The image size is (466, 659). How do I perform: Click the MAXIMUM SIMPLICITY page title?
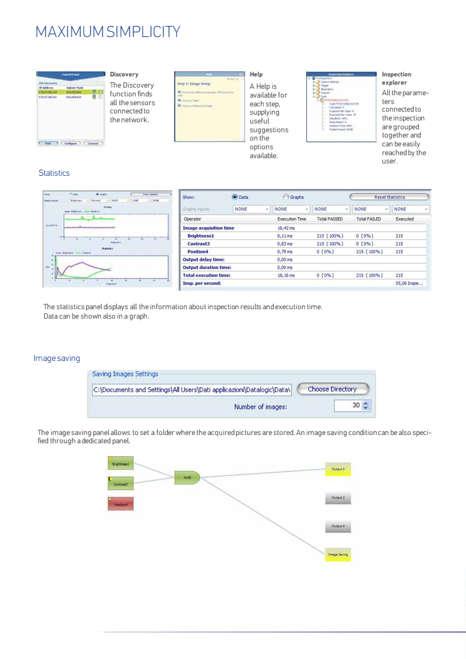(108, 31)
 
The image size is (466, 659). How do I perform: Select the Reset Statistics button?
(389, 197)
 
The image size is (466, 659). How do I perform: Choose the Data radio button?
(235, 198)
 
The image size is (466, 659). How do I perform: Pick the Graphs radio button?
(286, 198)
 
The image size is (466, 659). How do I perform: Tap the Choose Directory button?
(332, 389)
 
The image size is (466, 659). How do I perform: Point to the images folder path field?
(192, 390)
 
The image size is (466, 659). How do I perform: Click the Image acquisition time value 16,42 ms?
(286, 228)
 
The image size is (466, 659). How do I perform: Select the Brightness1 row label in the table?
(200, 236)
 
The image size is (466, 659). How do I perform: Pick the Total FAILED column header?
(368, 219)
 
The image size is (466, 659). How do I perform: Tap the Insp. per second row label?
(202, 283)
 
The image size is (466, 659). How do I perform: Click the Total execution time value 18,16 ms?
(286, 275)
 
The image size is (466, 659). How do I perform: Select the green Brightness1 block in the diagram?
(122, 464)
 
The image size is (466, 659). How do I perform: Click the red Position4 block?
(121, 504)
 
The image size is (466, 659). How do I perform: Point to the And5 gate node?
(188, 478)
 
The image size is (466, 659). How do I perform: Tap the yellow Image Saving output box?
(338, 554)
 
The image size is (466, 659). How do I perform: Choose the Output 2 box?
(338, 498)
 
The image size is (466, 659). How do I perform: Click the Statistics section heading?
(54, 173)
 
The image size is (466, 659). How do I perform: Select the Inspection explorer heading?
(397, 78)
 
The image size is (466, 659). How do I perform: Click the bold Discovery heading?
(124, 75)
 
